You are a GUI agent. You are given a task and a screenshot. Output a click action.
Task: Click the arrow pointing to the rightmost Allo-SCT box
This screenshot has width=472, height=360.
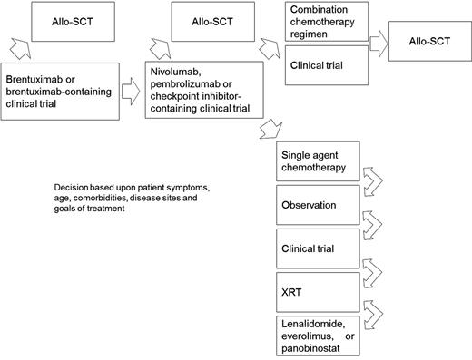point(373,44)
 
